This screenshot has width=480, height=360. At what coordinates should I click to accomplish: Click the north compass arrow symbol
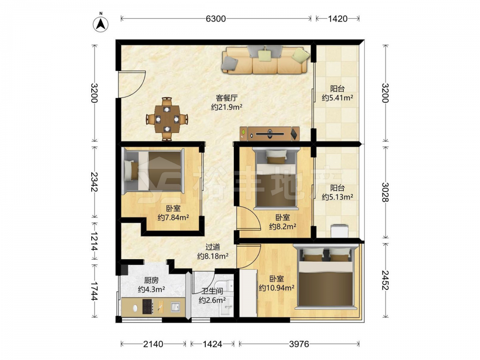coord(101,23)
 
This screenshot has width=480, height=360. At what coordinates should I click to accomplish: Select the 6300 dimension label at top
coord(216,19)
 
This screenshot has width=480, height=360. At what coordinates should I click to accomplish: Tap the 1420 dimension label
coord(337,19)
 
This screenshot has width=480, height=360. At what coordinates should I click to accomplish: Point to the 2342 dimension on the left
coord(95,181)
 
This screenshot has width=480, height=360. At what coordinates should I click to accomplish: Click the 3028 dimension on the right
coord(386,192)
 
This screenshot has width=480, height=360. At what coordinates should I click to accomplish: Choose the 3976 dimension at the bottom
coord(299,344)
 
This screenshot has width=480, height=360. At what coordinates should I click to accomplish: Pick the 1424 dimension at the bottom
coord(212,344)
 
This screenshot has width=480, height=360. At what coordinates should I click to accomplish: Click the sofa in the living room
coord(265,60)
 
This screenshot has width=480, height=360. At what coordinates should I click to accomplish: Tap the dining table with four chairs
coord(167,119)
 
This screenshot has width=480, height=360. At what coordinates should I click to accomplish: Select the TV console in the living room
coord(270,134)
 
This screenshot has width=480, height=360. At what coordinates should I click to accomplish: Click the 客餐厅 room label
coord(227,98)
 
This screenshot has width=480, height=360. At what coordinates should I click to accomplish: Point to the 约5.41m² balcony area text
coord(337,98)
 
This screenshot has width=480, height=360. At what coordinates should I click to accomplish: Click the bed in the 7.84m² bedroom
coord(154,171)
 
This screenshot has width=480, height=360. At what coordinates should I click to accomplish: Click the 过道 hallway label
coord(213,247)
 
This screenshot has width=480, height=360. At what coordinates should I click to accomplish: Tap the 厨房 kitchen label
coord(151,280)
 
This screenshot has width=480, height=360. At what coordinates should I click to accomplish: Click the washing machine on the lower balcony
coord(340,231)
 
